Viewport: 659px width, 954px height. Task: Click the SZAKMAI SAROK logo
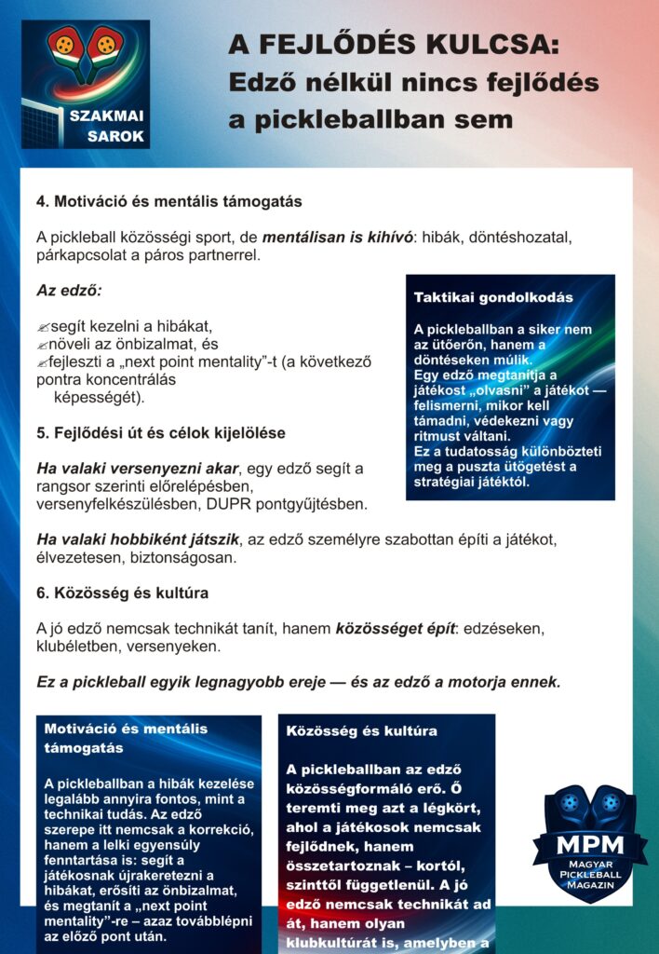click(x=86, y=84)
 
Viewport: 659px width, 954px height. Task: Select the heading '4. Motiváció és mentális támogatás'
click(x=168, y=201)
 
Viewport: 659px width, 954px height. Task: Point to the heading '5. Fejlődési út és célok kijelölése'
click(x=160, y=433)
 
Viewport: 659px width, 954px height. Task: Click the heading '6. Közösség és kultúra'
click(x=122, y=593)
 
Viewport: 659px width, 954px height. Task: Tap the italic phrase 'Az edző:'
click(x=69, y=290)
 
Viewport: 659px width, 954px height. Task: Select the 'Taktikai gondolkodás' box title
click(x=493, y=298)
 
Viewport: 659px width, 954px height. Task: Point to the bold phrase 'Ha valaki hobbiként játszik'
click(x=138, y=539)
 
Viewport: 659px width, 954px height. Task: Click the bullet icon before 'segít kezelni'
click(x=43, y=327)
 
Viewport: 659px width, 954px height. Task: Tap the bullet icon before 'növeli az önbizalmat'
click(x=43, y=345)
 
